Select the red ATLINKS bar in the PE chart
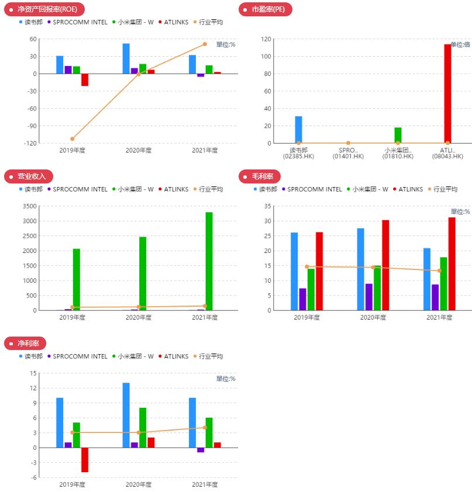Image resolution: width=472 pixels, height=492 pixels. [x=447, y=93]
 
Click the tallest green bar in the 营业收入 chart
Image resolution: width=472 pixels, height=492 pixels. [x=209, y=261]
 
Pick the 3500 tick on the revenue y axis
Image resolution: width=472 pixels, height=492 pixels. [x=28, y=206]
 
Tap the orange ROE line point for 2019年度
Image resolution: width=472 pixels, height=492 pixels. [x=73, y=138]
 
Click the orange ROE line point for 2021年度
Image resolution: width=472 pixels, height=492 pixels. [x=205, y=44]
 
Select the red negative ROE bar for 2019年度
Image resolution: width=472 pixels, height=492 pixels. [x=85, y=79]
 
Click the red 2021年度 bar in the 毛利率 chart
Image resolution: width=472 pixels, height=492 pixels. [x=452, y=264]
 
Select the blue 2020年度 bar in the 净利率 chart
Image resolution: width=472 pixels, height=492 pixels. [x=126, y=415]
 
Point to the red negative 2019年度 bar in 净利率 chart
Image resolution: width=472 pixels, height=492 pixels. [x=85, y=460]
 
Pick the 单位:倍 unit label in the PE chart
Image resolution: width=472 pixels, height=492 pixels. [x=460, y=44]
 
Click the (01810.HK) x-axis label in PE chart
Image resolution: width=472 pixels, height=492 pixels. [x=398, y=156]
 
